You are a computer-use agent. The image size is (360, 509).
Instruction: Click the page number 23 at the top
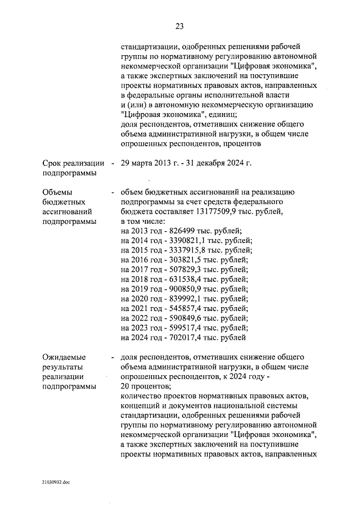click(179, 26)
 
